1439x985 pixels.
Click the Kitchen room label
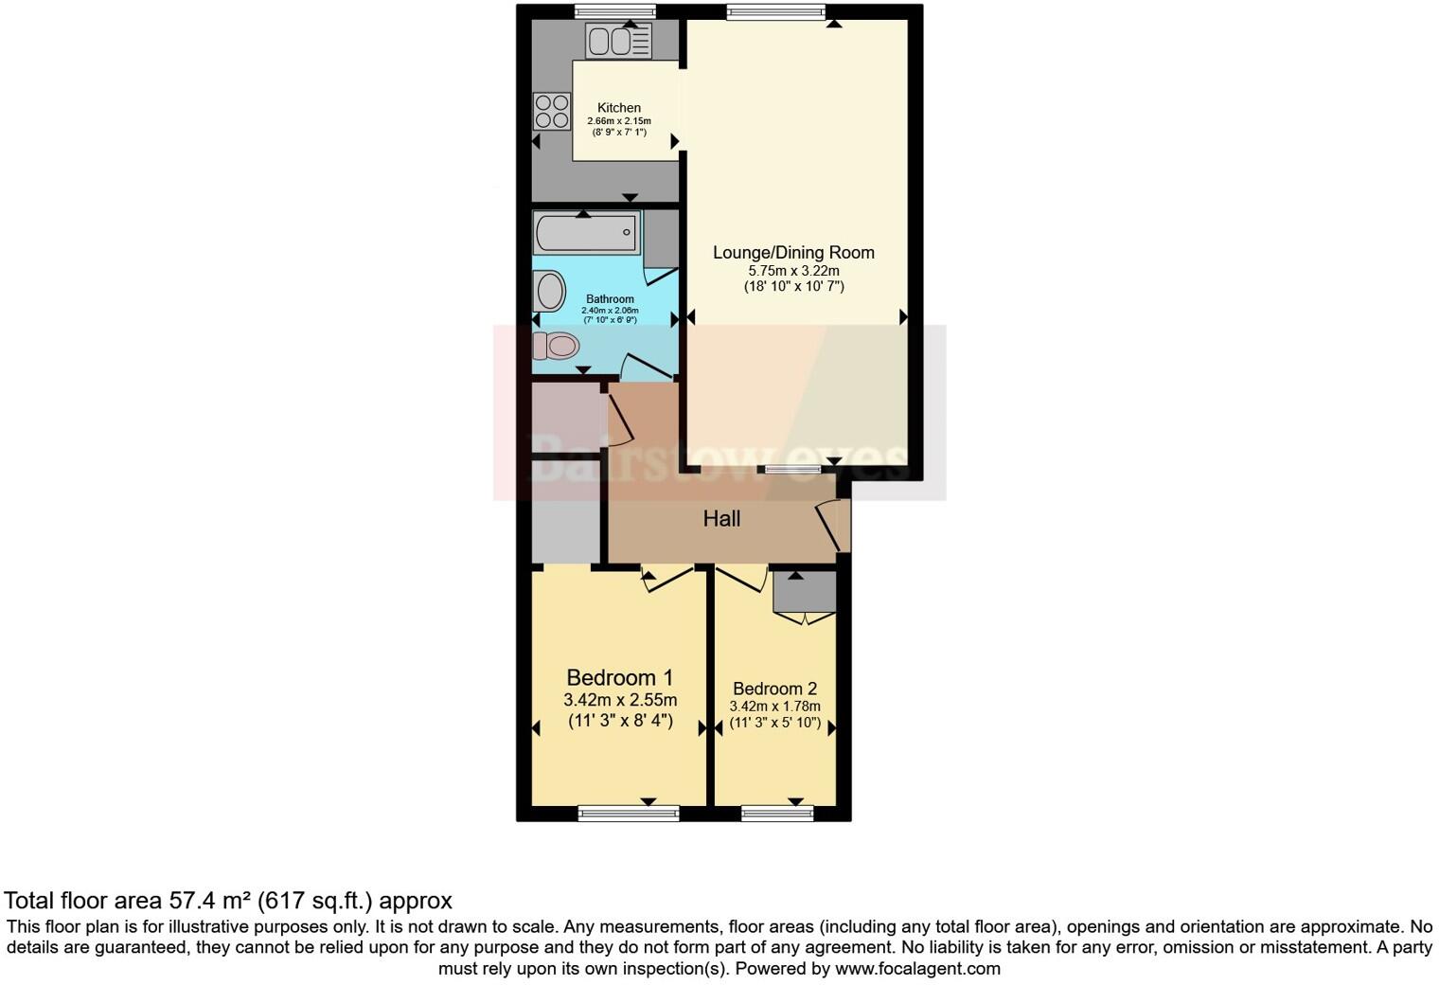click(x=618, y=108)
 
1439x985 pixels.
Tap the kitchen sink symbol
click(x=618, y=41)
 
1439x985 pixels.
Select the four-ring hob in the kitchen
click(x=551, y=111)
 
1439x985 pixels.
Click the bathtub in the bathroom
click(x=587, y=231)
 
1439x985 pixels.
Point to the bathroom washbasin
click(x=548, y=290)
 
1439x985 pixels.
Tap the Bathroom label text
click(x=610, y=299)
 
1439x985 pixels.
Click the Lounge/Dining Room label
click(x=793, y=253)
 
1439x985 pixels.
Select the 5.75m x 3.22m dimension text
click(x=793, y=271)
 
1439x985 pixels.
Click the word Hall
click(x=721, y=519)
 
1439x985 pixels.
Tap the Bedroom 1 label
click(x=619, y=678)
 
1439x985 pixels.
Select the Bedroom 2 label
click(x=774, y=689)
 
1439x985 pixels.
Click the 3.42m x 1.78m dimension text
click(x=774, y=707)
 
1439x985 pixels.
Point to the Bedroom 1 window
click(x=629, y=813)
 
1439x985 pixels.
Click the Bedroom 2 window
click(x=776, y=813)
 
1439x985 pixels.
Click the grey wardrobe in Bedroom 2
click(x=804, y=592)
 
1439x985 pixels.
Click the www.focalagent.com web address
click(x=917, y=969)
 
